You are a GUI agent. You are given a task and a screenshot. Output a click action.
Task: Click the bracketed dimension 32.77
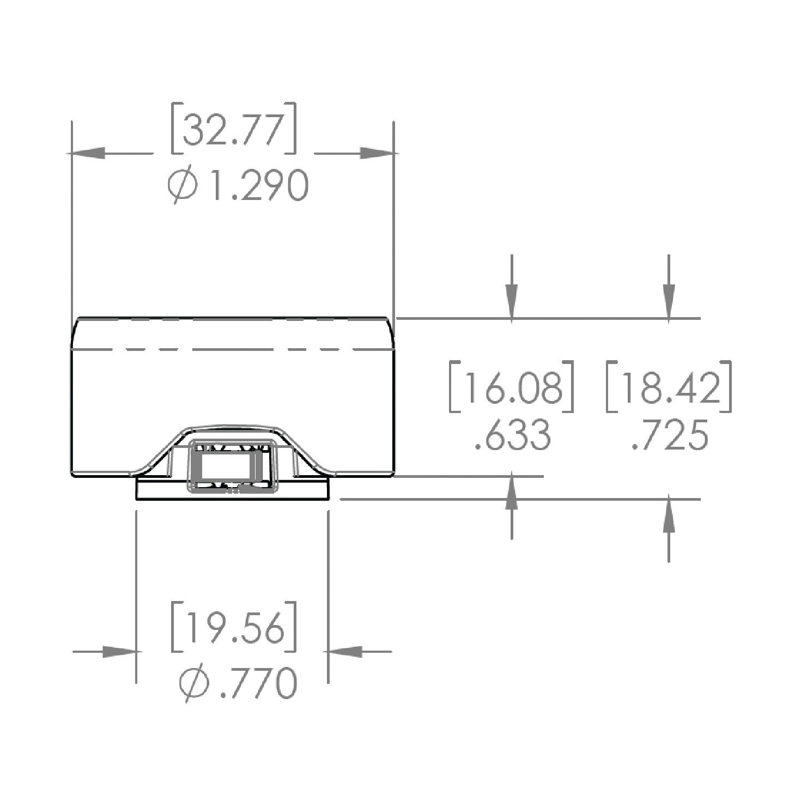pos(234,128)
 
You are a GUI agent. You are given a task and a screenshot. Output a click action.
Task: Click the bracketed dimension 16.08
pos(512,386)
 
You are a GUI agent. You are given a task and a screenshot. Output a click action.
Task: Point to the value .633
pos(513,435)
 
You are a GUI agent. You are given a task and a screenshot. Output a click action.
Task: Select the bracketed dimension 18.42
pos(669,386)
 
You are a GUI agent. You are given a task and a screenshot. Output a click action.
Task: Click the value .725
pos(670,435)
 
